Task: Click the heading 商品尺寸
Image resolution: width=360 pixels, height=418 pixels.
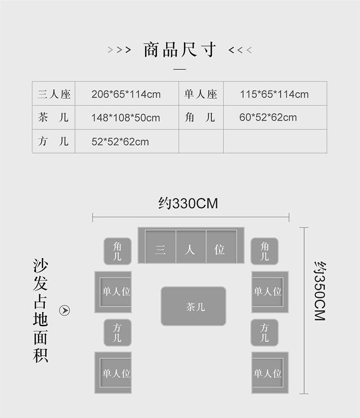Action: [x=180, y=50]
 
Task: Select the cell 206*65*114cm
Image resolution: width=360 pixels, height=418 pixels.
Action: [x=126, y=94]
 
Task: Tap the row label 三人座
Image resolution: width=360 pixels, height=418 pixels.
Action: [x=54, y=94]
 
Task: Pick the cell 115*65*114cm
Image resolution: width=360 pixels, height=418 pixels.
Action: [x=274, y=94]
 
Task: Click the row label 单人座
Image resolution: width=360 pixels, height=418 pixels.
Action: [x=201, y=94]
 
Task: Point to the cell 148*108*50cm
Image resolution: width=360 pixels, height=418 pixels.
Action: [x=126, y=118]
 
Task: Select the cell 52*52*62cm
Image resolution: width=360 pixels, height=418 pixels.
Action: [x=120, y=142]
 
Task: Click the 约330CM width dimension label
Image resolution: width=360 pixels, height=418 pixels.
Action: [x=188, y=203]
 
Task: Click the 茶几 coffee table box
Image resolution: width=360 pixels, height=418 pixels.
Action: [x=193, y=306]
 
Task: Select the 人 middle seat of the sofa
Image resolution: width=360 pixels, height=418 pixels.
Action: [x=191, y=250]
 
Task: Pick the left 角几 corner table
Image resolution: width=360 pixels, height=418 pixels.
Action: [x=118, y=251]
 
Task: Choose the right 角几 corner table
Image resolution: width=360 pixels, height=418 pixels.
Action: [x=264, y=251]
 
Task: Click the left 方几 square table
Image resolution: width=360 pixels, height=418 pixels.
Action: [x=118, y=333]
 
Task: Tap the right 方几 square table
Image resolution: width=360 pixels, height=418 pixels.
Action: [x=264, y=333]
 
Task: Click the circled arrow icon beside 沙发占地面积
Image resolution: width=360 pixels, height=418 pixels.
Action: [x=64, y=311]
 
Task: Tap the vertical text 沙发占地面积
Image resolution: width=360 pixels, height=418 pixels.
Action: [x=41, y=311]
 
